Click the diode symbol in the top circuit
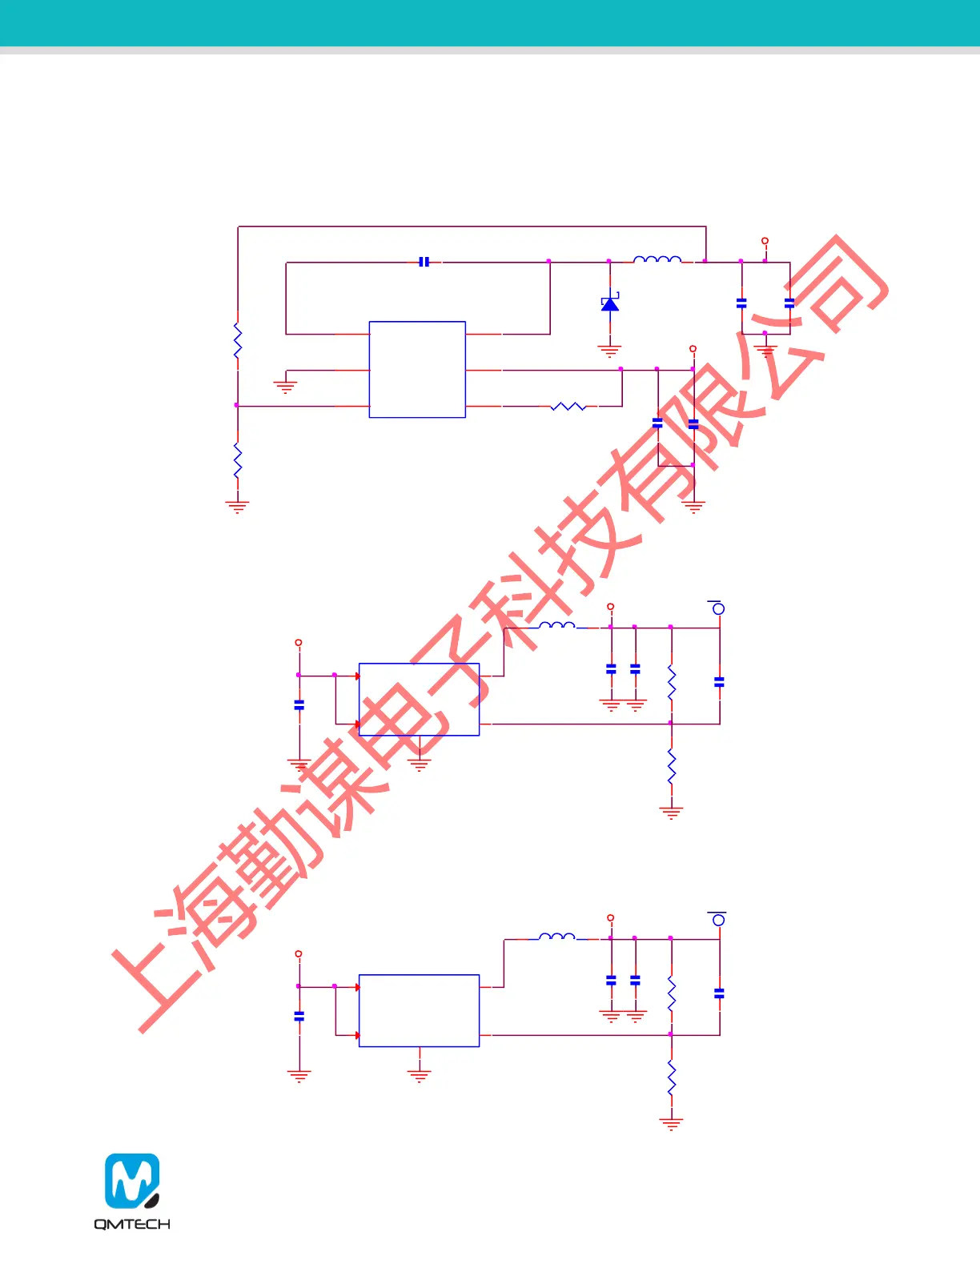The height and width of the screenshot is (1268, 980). [x=610, y=304]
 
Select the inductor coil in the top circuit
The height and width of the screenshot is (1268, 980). [x=657, y=259]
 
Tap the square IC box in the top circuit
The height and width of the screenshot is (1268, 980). [x=417, y=370]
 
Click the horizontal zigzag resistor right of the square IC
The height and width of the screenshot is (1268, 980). [x=568, y=407]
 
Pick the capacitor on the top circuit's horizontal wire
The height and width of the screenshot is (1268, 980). [x=424, y=262]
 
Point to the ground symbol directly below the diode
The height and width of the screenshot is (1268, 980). [x=610, y=351]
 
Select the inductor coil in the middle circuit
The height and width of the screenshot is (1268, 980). [x=557, y=625]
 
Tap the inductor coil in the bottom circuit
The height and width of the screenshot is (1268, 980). [x=557, y=936]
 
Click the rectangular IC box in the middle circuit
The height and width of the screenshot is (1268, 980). [x=419, y=700]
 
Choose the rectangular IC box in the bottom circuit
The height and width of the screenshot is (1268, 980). [x=419, y=1010]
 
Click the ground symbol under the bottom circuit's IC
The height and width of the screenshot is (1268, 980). [x=419, y=1076]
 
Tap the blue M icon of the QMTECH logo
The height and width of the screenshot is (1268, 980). [x=132, y=1181]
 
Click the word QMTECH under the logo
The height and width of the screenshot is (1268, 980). [x=132, y=1224]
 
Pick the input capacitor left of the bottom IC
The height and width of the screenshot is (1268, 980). [x=299, y=1017]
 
